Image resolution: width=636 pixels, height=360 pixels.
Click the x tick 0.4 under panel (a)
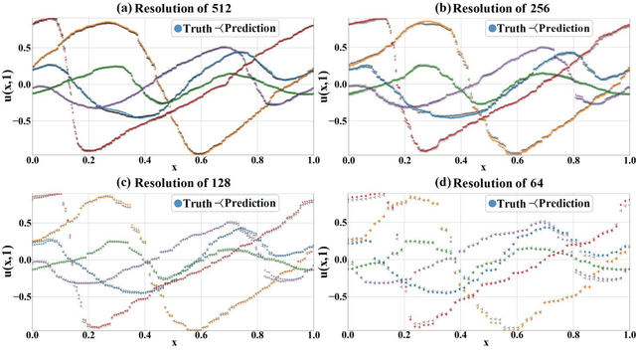click(144, 160)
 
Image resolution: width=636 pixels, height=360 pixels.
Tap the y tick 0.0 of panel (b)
click(338, 84)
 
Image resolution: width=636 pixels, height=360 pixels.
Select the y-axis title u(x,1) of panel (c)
click(6, 262)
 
